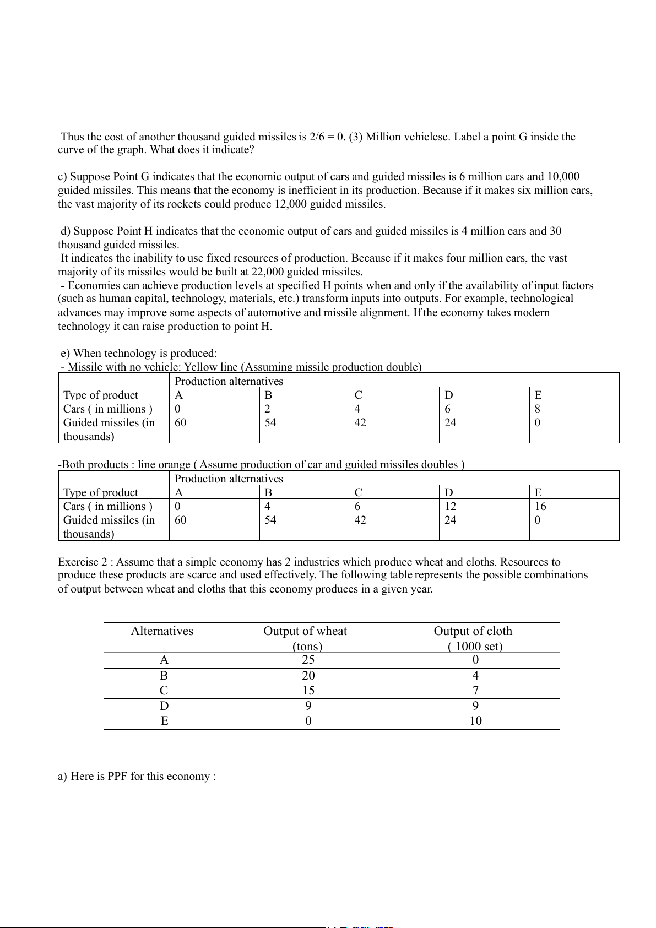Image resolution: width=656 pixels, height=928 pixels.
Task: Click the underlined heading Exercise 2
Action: tap(83, 562)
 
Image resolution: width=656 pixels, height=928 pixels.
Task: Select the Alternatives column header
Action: tap(162, 631)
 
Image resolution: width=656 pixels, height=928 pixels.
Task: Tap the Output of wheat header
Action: tap(305, 631)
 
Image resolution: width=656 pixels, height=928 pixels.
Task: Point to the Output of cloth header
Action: tap(473, 631)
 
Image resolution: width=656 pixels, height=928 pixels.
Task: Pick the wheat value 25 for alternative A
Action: tap(308, 660)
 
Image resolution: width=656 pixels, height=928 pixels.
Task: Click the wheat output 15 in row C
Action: tap(308, 691)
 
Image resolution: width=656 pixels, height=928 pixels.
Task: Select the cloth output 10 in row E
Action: tap(475, 721)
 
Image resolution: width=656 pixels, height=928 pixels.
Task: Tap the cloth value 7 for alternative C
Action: tap(475, 691)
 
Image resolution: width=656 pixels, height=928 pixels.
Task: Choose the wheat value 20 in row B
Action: tap(308, 676)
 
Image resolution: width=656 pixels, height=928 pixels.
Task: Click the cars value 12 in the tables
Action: tap(451, 506)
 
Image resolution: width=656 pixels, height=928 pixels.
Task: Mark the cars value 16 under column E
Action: tap(540, 506)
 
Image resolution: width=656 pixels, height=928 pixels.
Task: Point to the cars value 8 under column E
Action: tap(538, 409)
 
